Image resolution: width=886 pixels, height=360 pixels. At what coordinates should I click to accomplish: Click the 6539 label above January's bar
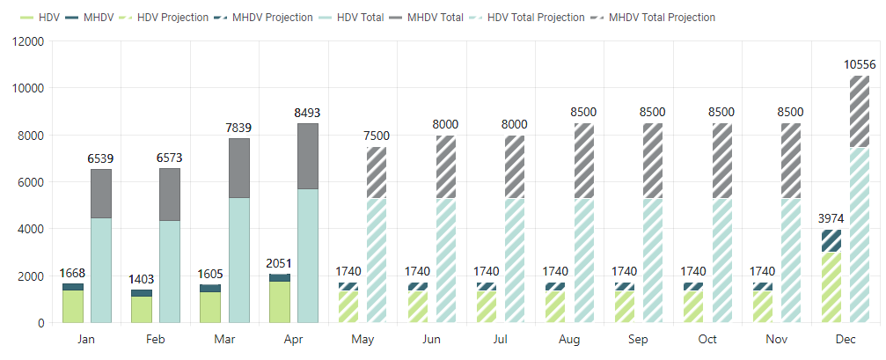tap(100, 158)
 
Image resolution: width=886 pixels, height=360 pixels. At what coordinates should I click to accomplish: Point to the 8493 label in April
tap(308, 113)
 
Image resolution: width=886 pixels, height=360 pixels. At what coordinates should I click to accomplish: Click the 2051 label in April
tap(280, 263)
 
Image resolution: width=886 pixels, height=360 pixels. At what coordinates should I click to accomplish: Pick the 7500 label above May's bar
tap(376, 136)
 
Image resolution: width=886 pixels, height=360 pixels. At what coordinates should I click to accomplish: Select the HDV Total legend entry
tap(357, 18)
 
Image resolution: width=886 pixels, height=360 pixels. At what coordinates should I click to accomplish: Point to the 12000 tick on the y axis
tap(27, 41)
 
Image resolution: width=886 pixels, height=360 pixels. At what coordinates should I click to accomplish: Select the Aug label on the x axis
tap(570, 339)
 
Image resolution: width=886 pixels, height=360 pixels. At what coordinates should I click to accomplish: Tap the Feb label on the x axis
tap(156, 339)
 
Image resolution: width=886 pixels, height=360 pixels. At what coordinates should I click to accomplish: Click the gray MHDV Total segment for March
tap(238, 167)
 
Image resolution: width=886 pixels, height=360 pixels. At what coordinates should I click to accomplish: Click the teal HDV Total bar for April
tap(308, 255)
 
